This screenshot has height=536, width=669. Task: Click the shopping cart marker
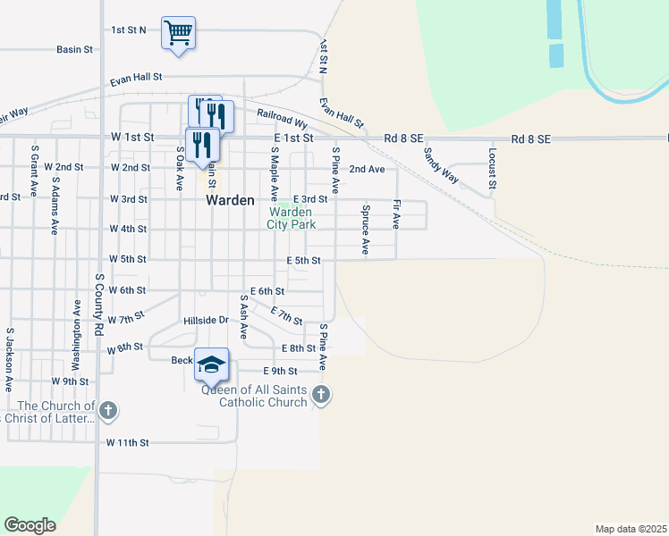point(178,33)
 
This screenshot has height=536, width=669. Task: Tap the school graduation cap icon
point(211,364)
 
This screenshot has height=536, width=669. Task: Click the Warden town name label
point(231,200)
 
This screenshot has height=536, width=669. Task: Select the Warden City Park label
point(290,218)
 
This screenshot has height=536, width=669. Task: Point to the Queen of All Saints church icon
point(321,393)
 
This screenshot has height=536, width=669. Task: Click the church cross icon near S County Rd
point(107,411)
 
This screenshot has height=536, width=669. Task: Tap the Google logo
point(30,525)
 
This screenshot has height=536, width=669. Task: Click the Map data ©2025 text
point(631,529)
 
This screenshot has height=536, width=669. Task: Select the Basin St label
point(75,50)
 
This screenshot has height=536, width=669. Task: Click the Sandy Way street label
point(441,165)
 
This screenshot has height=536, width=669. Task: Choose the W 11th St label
point(127,442)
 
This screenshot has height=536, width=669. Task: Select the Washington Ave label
point(77,340)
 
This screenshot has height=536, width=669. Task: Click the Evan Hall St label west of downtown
point(136,79)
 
